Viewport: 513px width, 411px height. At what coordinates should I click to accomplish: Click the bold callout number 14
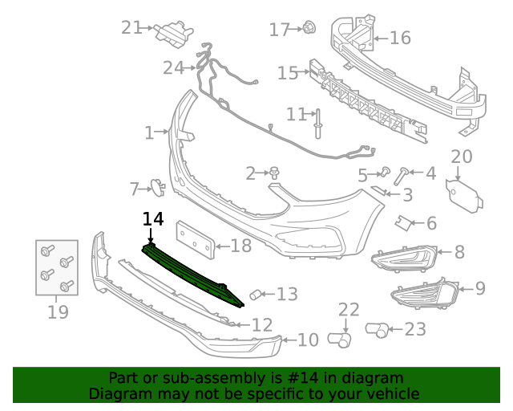click(x=153, y=219)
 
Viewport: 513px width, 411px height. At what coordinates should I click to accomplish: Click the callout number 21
click(x=131, y=27)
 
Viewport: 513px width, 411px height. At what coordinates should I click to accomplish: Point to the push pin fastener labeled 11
click(x=317, y=124)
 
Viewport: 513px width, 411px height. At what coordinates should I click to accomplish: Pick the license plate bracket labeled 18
click(x=196, y=240)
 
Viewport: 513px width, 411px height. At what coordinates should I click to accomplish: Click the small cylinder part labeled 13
click(x=255, y=295)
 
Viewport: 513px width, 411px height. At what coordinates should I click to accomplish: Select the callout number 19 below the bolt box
click(x=58, y=311)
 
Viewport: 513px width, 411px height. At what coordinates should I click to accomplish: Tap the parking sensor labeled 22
click(x=340, y=340)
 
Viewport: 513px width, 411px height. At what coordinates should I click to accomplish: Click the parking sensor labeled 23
click(x=377, y=330)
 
